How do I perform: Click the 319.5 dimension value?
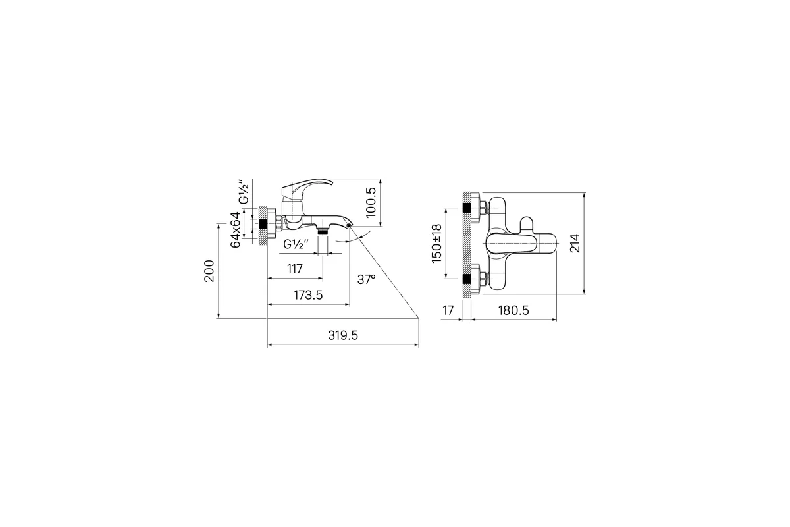point(343,335)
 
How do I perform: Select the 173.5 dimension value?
point(308,295)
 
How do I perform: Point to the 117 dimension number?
point(295,269)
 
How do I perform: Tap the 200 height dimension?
point(209,271)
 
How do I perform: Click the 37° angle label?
point(366,279)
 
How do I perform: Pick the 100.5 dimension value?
point(371,202)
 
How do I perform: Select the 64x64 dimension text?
point(235,229)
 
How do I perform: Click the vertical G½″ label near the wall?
point(244,192)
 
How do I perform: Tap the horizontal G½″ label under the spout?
point(296,244)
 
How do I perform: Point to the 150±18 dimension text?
point(436,243)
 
